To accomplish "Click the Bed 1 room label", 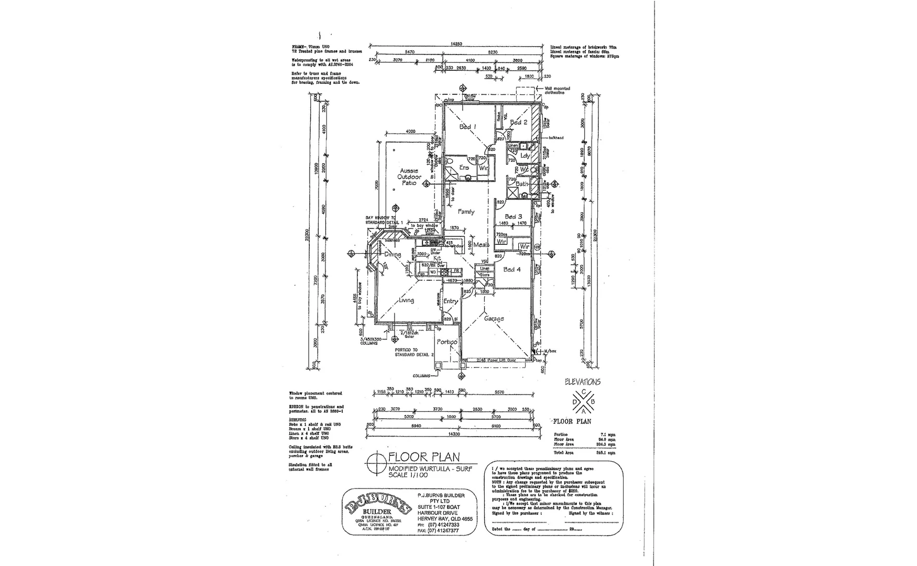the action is (x=467, y=127).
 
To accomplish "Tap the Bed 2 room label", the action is (x=518, y=123).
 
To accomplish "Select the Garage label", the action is (x=494, y=319).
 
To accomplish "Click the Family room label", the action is (x=466, y=212).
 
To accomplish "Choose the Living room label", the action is (x=406, y=300).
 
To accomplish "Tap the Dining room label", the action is (x=392, y=255).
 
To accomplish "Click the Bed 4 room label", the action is (x=512, y=269).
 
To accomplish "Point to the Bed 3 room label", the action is (x=513, y=216).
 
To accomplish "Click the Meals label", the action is (x=481, y=245).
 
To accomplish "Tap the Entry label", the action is (x=450, y=301).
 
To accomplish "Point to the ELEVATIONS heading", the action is (x=583, y=382).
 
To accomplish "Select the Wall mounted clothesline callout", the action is (x=558, y=91).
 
